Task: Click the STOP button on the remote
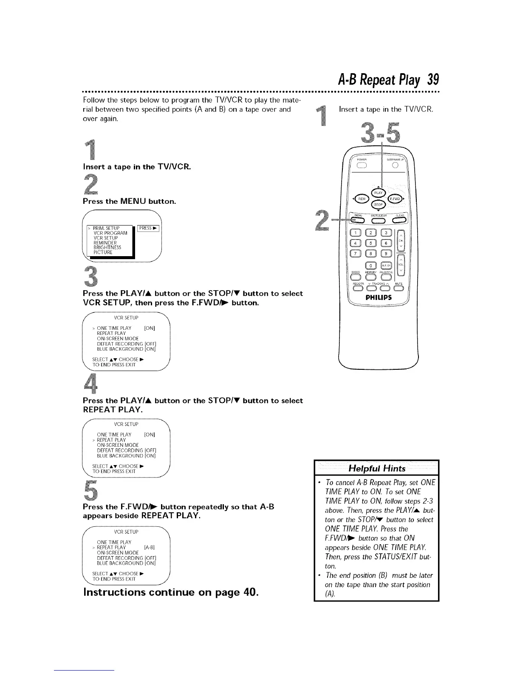tap(378, 205)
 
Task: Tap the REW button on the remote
tap(362, 199)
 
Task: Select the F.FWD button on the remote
tap(393, 199)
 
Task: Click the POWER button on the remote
tap(362, 166)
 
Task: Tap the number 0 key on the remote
tap(370, 266)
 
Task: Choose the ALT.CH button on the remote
tap(386, 266)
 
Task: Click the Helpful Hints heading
tap(376, 468)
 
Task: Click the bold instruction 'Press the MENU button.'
tap(129, 201)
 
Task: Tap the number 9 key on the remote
tap(386, 254)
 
